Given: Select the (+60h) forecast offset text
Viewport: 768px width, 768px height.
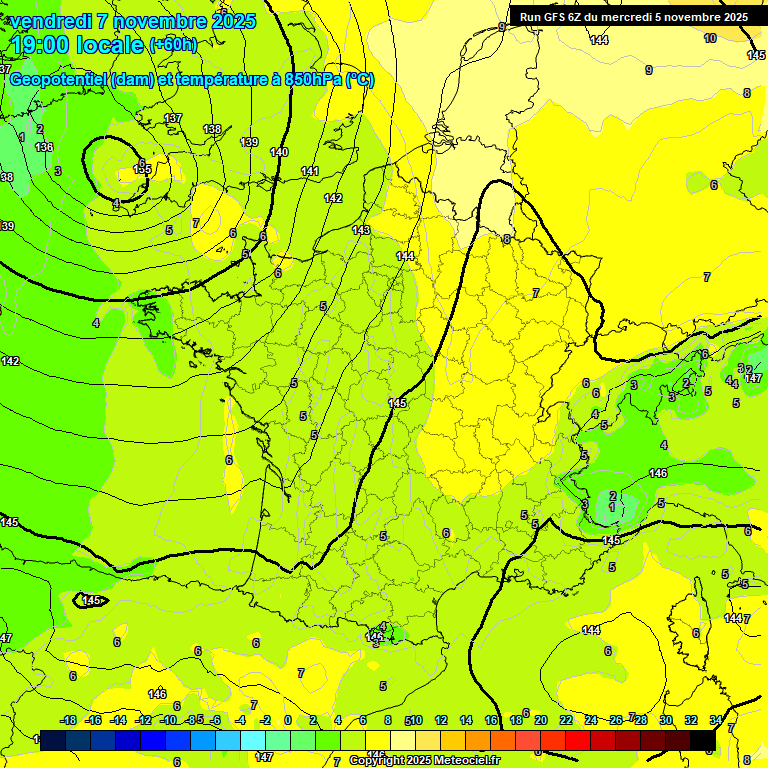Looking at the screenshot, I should coord(172,45).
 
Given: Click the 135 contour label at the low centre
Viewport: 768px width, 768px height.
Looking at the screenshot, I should coord(142,169).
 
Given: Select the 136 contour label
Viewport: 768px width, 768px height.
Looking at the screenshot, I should coord(44,148).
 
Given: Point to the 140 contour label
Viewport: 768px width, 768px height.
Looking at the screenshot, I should coord(279,152).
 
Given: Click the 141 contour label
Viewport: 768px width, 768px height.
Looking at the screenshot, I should coord(310,172).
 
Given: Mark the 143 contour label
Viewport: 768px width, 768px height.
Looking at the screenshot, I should coord(361,231).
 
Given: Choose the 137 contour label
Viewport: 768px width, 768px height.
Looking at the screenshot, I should coord(173,119).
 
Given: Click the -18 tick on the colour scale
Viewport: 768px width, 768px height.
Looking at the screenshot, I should coord(69,720).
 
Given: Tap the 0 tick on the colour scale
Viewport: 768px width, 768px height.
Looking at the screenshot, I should coord(288,720).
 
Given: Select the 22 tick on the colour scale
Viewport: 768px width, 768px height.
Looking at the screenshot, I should coord(565,720).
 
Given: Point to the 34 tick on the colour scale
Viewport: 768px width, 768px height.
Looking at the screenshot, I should coord(716,720).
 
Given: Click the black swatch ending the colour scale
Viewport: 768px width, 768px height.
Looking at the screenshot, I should coord(703,740).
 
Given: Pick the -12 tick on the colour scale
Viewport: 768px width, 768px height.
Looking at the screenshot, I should coord(144,720).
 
